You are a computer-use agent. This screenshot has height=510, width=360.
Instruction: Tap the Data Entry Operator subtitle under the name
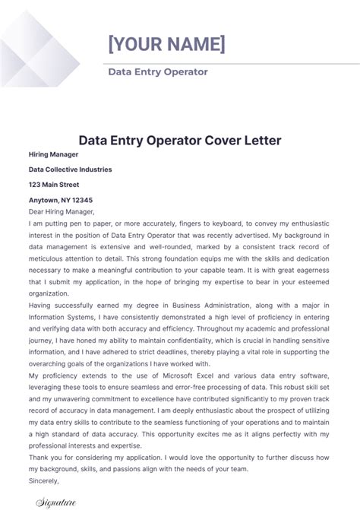158,72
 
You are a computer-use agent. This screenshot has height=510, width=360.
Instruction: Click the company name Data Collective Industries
70,169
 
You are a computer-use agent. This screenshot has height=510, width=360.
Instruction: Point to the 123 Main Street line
54,185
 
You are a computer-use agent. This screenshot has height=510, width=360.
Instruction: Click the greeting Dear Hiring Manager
62,212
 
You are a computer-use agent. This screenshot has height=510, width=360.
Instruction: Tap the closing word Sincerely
43,480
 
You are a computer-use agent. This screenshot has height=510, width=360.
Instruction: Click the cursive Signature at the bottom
58,502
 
